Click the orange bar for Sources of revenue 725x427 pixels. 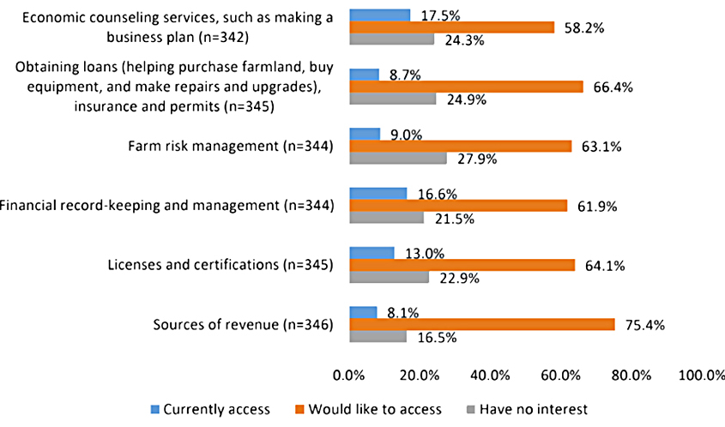pyautogui.click(x=481, y=324)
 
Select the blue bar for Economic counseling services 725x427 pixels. pyautogui.click(x=379, y=15)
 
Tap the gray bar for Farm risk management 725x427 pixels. pyautogui.click(x=398, y=159)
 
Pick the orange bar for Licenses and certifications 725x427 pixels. pyautogui.click(x=462, y=265)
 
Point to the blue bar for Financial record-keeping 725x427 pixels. pyautogui.click(x=378, y=193)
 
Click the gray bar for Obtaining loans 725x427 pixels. pyautogui.click(x=392, y=99)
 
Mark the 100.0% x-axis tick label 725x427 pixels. pyautogui.click(x=702, y=374)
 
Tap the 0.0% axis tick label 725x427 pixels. pyautogui.click(x=349, y=374)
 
